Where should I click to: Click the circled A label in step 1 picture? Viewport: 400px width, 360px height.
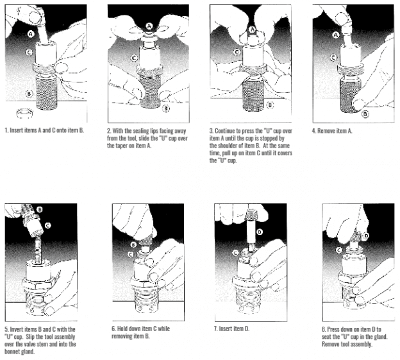[30, 30]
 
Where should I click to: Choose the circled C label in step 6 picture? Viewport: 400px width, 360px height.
[132, 254]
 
